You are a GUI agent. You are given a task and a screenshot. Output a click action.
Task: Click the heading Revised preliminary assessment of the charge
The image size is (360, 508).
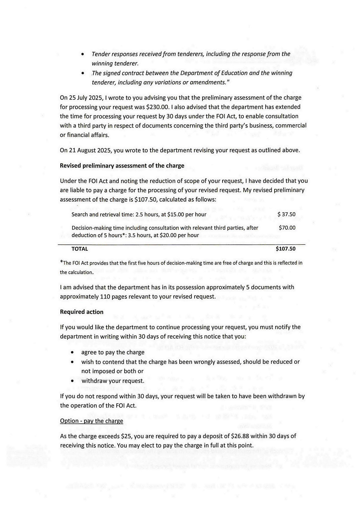click(122, 165)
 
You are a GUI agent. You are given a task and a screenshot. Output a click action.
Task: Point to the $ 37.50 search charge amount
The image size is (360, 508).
click(286, 214)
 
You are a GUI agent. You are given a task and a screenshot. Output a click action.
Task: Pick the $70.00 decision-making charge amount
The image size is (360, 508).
click(287, 228)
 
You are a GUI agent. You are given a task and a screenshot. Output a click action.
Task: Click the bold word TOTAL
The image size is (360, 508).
click(80, 249)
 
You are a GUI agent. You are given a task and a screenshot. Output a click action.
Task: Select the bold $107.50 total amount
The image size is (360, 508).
click(286, 249)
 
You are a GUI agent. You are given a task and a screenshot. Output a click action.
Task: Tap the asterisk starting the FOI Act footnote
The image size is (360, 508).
click(61, 263)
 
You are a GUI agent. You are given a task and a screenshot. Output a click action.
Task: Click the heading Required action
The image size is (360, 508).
click(81, 312)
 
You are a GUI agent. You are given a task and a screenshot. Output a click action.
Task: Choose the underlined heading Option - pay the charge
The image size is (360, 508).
click(92, 421)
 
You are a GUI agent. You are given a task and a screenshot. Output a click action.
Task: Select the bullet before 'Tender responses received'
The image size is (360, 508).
click(83, 54)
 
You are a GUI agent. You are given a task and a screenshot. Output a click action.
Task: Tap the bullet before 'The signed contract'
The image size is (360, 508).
click(83, 73)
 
